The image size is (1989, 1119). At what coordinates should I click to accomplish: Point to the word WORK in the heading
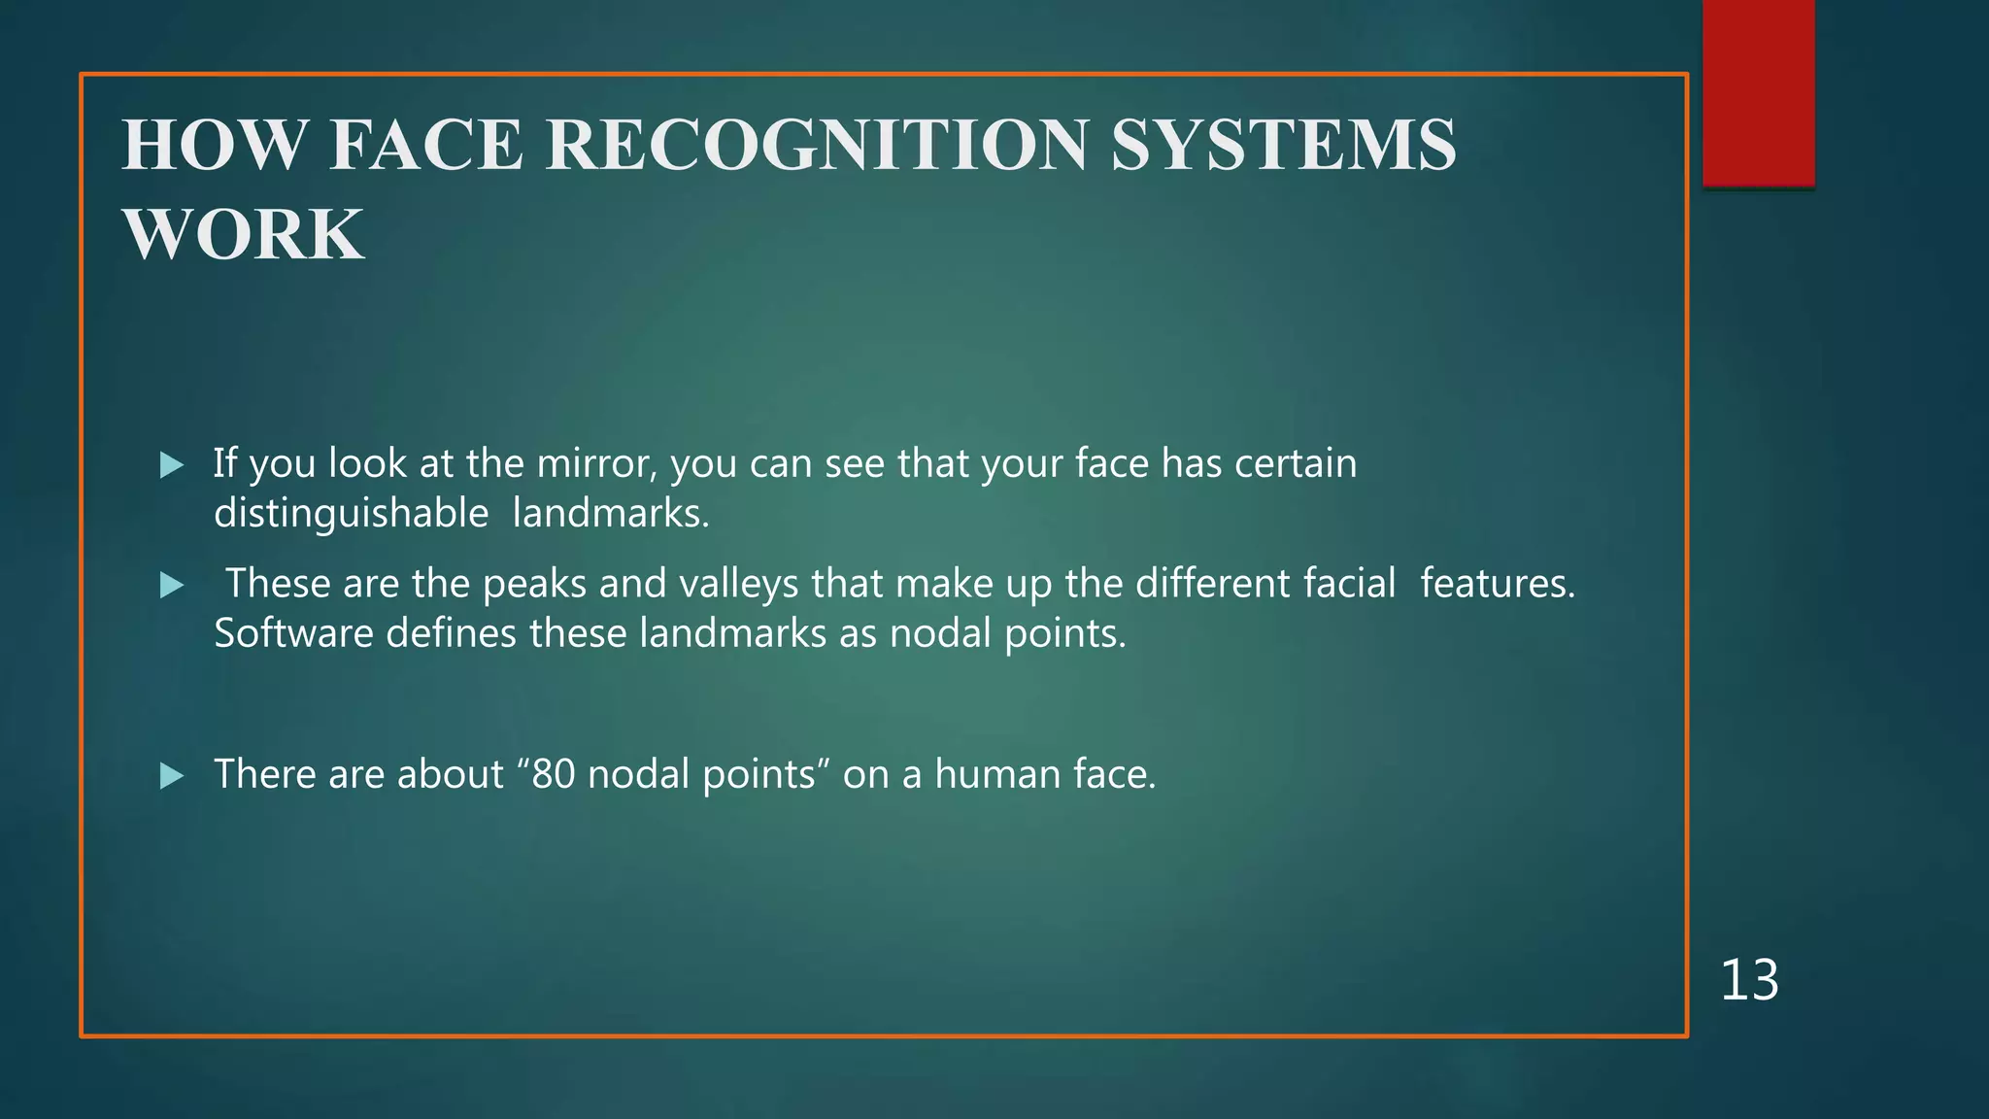pos(243,235)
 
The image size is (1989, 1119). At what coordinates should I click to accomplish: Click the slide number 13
pos(1749,979)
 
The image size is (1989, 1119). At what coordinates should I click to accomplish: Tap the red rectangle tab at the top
pos(1758,92)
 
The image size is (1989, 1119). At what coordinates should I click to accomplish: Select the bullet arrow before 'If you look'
pos(172,465)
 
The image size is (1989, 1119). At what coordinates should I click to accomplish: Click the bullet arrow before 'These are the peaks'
pos(172,585)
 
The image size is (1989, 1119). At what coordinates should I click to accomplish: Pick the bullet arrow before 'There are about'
pos(172,775)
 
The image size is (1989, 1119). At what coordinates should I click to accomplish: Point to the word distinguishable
pos(351,513)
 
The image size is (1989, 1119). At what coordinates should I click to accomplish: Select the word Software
pos(293,633)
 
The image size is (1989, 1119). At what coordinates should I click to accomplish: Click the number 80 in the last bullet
pos(554,774)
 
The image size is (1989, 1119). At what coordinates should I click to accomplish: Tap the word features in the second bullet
pos(1497,584)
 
